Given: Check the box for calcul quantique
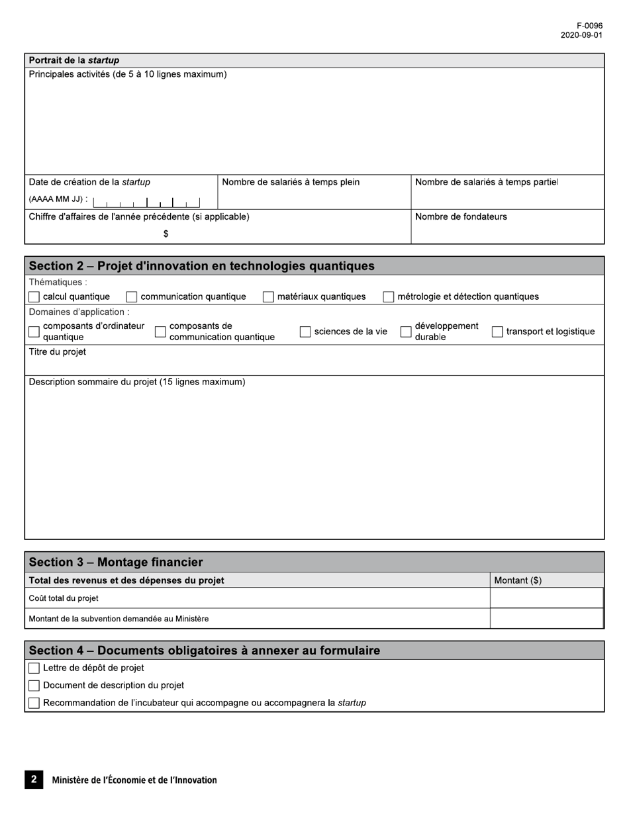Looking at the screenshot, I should point(34,297).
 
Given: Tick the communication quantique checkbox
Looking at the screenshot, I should point(131,297).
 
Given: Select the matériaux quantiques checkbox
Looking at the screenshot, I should point(268,297).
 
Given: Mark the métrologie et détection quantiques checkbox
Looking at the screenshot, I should point(389,297).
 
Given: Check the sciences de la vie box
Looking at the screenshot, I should point(305,332).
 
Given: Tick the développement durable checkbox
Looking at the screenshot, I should point(406,332).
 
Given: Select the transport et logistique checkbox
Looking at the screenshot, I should point(497,332).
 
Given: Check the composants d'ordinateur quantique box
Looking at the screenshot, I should point(34,332).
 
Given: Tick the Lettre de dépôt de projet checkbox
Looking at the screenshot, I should point(34,668).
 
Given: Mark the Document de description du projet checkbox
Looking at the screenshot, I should point(34,686).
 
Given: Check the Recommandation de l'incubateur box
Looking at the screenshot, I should point(34,703).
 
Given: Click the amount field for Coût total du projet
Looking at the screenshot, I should point(546,598).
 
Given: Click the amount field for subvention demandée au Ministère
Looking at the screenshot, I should point(546,619).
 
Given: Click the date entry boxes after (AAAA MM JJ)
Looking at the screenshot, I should point(146,202).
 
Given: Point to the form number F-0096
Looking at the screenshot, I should point(589,26).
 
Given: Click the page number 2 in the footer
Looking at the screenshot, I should point(34,780).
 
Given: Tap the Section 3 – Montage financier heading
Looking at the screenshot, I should point(116,562).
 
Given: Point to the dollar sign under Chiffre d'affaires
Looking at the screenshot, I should point(166,234).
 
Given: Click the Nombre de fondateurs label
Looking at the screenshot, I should point(461,216).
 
